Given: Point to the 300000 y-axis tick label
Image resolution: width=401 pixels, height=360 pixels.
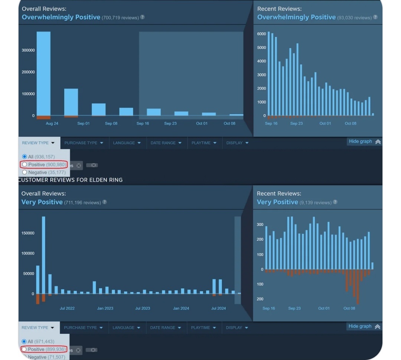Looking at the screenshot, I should click(x=28, y=50).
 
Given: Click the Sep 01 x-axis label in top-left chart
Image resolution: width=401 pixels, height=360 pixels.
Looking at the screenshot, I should click(x=84, y=123).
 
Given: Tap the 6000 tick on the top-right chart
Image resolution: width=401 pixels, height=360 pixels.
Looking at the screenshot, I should click(x=261, y=34).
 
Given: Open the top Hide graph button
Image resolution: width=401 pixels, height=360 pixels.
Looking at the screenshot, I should click(x=364, y=142).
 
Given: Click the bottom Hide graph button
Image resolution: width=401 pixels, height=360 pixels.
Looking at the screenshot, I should click(x=364, y=326).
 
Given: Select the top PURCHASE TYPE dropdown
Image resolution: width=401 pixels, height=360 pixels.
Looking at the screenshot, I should click(x=84, y=143).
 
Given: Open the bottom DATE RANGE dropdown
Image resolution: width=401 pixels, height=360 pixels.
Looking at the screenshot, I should click(x=166, y=328).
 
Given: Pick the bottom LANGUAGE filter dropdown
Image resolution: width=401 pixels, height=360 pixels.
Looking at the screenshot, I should click(x=126, y=328).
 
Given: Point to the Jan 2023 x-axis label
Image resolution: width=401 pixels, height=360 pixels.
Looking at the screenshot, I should click(x=105, y=308).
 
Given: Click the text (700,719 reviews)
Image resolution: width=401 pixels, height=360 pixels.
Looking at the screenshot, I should click(x=120, y=18).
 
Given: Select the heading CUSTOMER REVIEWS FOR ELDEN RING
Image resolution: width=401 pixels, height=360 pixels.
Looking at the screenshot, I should click(x=71, y=180).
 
